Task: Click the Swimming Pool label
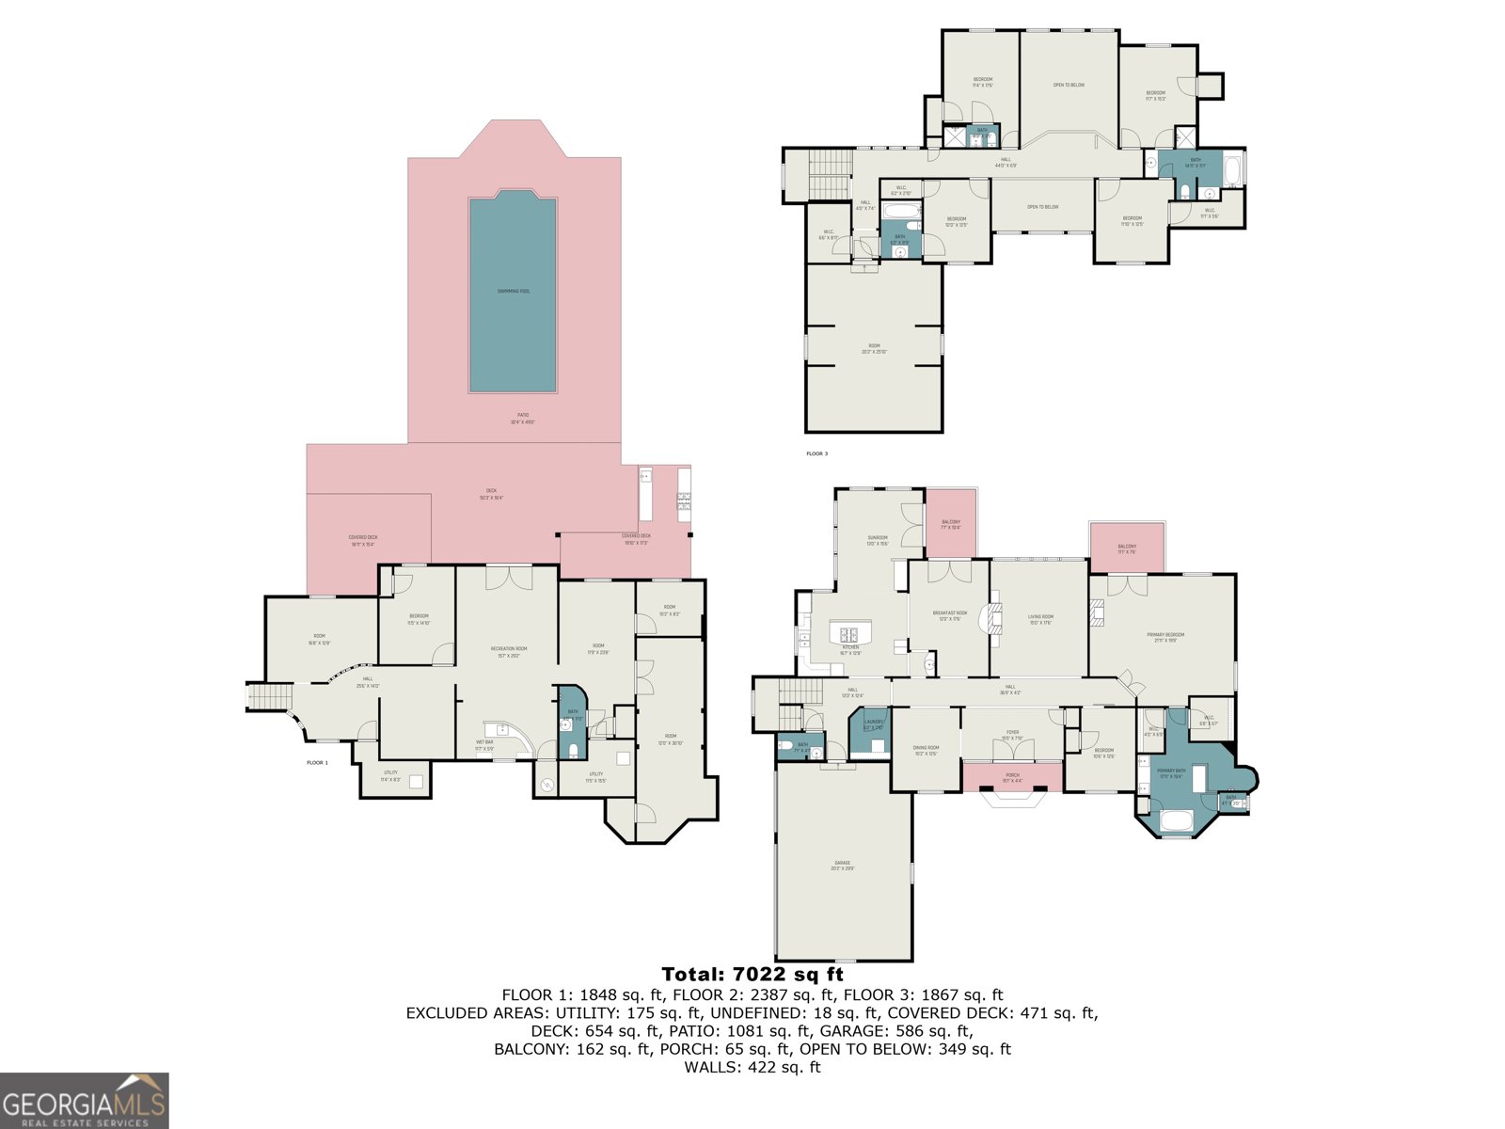(513, 291)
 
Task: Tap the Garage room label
(842, 865)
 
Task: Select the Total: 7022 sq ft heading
(752, 975)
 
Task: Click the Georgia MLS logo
(85, 1101)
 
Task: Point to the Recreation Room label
(509, 651)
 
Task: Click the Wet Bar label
(484, 745)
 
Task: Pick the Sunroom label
(878, 540)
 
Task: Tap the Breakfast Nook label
(949, 615)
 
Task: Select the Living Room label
(1040, 619)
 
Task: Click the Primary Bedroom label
(1165, 637)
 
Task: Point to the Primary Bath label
(1172, 772)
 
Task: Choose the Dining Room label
(926, 750)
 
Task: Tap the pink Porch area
(1012, 777)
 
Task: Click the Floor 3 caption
(816, 454)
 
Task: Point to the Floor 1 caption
(317, 763)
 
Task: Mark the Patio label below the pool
(522, 418)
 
